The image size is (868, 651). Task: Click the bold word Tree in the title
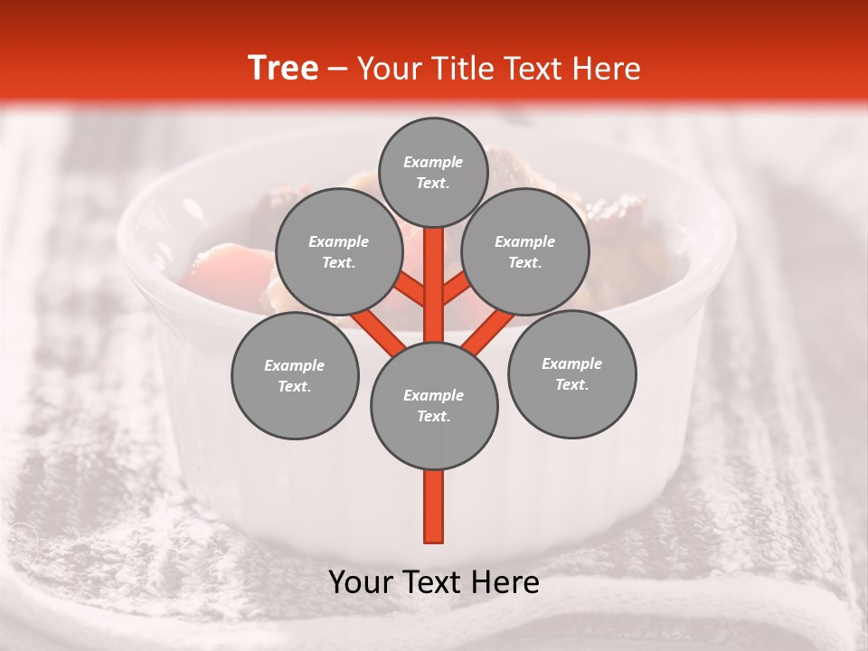coord(283,69)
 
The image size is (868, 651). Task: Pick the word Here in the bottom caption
coord(505,583)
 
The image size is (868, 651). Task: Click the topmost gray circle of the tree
coord(433,172)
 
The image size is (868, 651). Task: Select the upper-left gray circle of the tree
coord(338,251)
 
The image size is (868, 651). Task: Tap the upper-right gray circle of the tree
coord(524,251)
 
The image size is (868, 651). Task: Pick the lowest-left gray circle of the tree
coord(295,375)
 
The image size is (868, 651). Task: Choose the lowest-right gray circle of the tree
coord(571,373)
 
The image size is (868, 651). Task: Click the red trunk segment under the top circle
coord(434,271)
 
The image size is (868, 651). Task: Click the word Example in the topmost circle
coord(433,162)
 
